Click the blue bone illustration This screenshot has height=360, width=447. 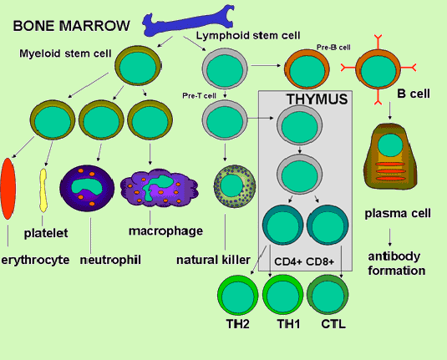188,23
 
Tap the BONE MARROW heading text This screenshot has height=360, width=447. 71,26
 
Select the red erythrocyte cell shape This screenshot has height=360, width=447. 8,189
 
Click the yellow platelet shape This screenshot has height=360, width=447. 43,190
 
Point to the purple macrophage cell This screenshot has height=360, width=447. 160,187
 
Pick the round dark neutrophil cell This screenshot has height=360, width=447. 87,188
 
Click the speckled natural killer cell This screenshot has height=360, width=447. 234,185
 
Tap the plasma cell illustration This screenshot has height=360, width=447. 390,156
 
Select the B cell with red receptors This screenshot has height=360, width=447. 378,69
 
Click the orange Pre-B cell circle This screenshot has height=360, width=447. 307,68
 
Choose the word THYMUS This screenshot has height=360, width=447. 317,99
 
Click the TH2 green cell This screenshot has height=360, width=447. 238,295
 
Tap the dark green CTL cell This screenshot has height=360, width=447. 328,295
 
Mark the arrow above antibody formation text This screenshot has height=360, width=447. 389,237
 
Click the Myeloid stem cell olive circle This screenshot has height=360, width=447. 138,66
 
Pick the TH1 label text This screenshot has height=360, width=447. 288,324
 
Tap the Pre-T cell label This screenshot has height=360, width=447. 199,96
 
